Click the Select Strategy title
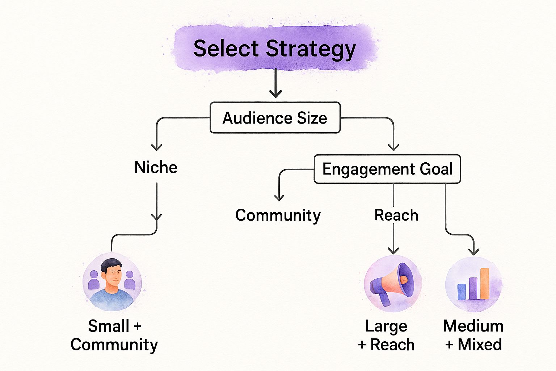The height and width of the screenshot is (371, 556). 274,49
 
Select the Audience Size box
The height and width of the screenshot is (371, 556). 275,118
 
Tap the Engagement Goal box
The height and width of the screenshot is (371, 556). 387,169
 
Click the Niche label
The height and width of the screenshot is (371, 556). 156,167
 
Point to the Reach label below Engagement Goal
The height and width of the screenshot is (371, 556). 396,215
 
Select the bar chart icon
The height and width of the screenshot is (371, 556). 473,284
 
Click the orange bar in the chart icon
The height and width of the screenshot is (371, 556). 484,284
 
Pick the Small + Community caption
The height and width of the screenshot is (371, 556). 114,335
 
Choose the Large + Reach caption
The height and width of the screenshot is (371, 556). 386,335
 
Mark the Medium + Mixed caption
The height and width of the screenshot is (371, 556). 473,335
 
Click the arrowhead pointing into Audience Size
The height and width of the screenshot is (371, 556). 275,94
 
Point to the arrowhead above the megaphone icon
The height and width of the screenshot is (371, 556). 393,250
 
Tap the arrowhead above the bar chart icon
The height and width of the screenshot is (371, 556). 473,251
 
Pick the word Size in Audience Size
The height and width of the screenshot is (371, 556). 312,118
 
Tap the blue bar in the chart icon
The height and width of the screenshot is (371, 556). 462,292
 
